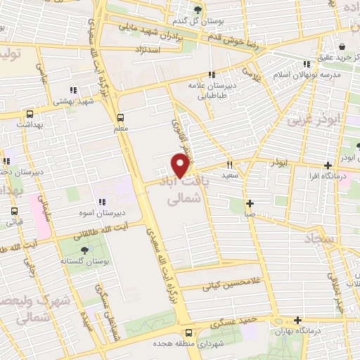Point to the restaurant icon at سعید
[x=229, y=163]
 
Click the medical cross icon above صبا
[x=250, y=203]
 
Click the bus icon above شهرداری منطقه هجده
[x=188, y=333]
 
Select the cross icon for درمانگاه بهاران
[x=298, y=320]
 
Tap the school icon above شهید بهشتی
[x=72, y=89]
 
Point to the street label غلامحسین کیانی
[x=226, y=285]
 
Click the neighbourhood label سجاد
[x=322, y=240]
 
